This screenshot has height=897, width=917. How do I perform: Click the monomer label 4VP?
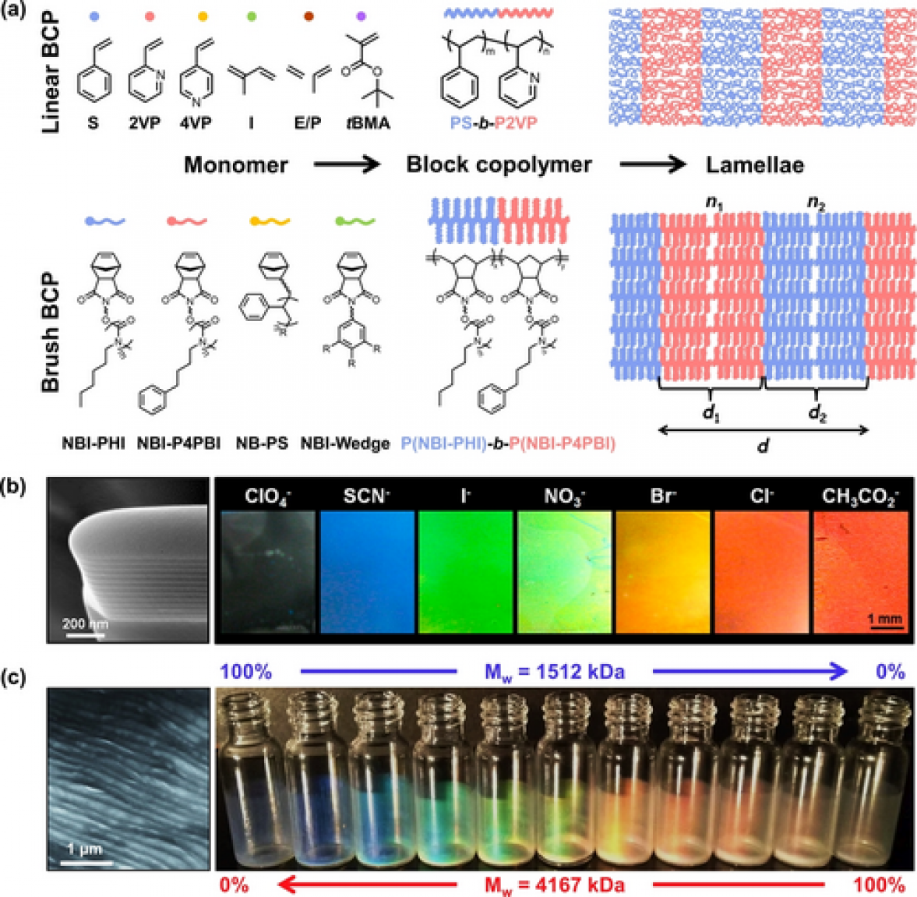pyautogui.click(x=195, y=122)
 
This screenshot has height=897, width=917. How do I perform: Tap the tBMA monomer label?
pyautogui.click(x=368, y=122)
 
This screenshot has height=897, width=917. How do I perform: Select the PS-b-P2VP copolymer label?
pyautogui.click(x=493, y=122)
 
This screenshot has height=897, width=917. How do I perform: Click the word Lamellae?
pyautogui.click(x=754, y=165)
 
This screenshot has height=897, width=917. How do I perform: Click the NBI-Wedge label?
pyautogui.click(x=345, y=443)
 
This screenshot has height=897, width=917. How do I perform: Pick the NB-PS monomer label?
pyautogui.click(x=262, y=443)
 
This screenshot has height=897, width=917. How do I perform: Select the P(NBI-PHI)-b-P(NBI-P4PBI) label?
pyautogui.click(x=508, y=443)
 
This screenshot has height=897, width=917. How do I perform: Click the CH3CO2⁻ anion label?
pyautogui.click(x=861, y=496)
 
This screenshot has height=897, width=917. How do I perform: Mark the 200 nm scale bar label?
pyautogui.click(x=84, y=624)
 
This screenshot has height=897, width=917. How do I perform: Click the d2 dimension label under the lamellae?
pyautogui.click(x=816, y=413)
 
